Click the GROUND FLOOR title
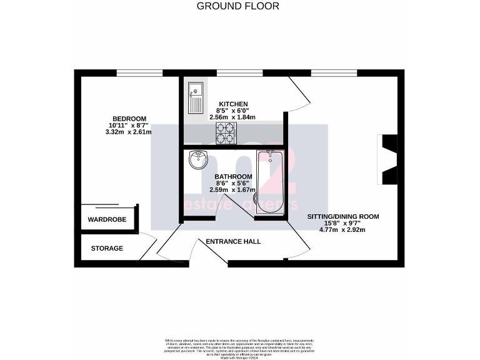point(238,6)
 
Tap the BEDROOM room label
point(129,119)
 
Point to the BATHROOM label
point(234,177)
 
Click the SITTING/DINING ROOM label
point(342,217)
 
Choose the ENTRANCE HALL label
point(233,241)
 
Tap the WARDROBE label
point(107,220)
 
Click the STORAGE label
point(107,248)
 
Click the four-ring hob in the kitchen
point(226,133)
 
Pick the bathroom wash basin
point(198,161)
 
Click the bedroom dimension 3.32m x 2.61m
point(129,132)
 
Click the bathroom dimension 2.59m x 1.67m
point(234,190)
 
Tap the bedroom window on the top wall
point(136,73)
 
